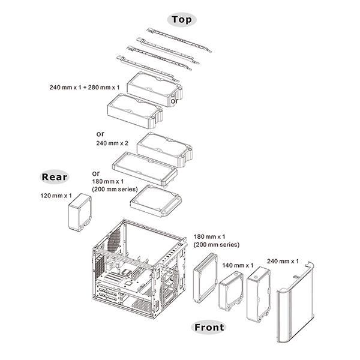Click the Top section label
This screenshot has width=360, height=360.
point(182,20)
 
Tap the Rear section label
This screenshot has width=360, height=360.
point(55,177)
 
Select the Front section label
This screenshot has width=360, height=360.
point(209,327)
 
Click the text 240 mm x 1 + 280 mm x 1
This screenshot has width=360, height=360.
point(85,88)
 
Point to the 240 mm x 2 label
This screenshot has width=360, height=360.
point(112,143)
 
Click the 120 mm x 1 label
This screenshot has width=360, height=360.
point(56,196)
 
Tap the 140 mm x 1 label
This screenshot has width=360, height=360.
point(238,265)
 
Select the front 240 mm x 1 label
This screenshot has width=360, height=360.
point(283,261)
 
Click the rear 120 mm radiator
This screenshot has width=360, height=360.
point(80,212)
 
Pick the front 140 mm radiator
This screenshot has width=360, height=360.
point(231,290)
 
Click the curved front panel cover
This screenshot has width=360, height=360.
point(295,302)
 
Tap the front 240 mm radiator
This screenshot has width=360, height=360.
point(259,295)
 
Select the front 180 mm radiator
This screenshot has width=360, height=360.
point(205,278)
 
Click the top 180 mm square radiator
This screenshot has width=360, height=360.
point(156,201)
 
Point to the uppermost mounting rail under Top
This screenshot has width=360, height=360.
point(179,40)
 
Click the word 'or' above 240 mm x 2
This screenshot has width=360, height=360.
point(100,134)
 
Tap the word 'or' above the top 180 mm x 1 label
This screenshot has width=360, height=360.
point(96,173)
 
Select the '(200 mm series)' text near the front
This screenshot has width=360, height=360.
point(216,245)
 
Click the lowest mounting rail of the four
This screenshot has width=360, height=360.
point(148,68)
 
